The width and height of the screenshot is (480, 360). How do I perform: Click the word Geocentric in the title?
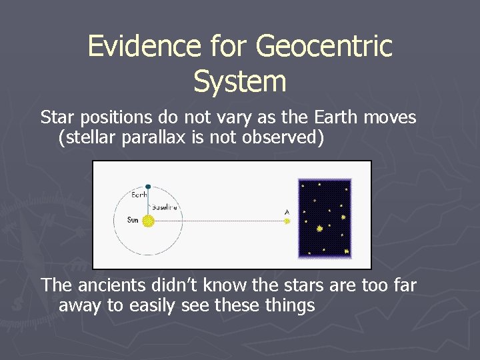pyautogui.click(x=324, y=47)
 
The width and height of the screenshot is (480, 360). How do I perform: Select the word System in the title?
pyautogui.click(x=239, y=81)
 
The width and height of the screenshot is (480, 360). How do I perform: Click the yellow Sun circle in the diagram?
pyautogui.click(x=148, y=221)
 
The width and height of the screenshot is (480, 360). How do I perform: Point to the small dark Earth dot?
pyautogui.click(x=148, y=187)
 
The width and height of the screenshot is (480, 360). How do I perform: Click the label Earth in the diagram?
pyautogui.click(x=139, y=195)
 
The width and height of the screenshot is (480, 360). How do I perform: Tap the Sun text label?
pyautogui.click(x=133, y=220)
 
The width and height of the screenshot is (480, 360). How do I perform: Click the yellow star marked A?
pyautogui.click(x=287, y=221)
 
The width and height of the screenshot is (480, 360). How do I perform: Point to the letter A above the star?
pyautogui.click(x=287, y=213)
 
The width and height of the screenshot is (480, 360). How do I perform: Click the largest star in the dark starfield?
pyautogui.click(x=320, y=229)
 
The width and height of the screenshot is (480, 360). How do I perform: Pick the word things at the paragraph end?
pyautogui.click(x=290, y=306)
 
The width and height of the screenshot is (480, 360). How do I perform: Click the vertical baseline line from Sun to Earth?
pyautogui.click(x=148, y=203)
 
